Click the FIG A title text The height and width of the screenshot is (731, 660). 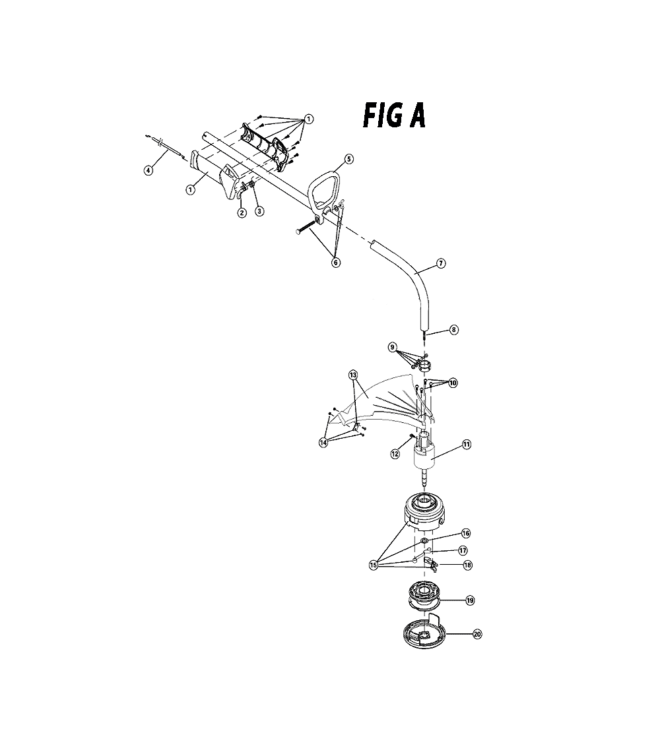pyautogui.click(x=394, y=115)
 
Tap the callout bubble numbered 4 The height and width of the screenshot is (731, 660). pyautogui.click(x=148, y=171)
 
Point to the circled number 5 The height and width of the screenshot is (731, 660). pyautogui.click(x=349, y=159)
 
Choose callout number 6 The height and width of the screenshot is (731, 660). pyautogui.click(x=335, y=263)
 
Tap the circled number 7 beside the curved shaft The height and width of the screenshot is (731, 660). pyautogui.click(x=441, y=263)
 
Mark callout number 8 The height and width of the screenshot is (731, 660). pyautogui.click(x=454, y=330)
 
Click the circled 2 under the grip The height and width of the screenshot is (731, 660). pyautogui.click(x=242, y=213)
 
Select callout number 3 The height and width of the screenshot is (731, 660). pyautogui.click(x=259, y=211)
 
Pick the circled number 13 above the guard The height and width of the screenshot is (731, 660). pyautogui.click(x=353, y=375)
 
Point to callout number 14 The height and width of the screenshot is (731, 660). pyautogui.click(x=323, y=443)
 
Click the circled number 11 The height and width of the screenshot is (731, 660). pyautogui.click(x=467, y=445)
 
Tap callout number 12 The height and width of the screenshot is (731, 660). pyautogui.click(x=395, y=454)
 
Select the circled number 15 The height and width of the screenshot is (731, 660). pyautogui.click(x=373, y=565)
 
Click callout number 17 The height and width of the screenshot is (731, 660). pyautogui.click(x=463, y=551)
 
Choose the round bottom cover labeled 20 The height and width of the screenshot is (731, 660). pyautogui.click(x=424, y=633)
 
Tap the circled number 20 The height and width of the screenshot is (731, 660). pyautogui.click(x=477, y=634)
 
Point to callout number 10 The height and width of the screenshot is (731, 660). pyautogui.click(x=453, y=383)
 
